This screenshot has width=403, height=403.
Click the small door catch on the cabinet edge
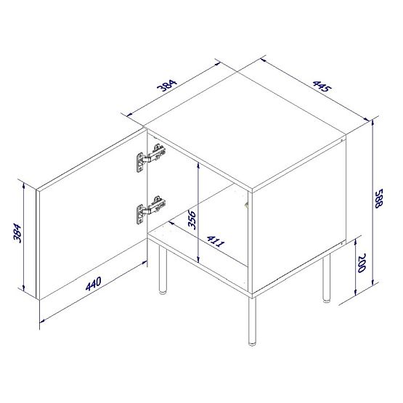[247, 207]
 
